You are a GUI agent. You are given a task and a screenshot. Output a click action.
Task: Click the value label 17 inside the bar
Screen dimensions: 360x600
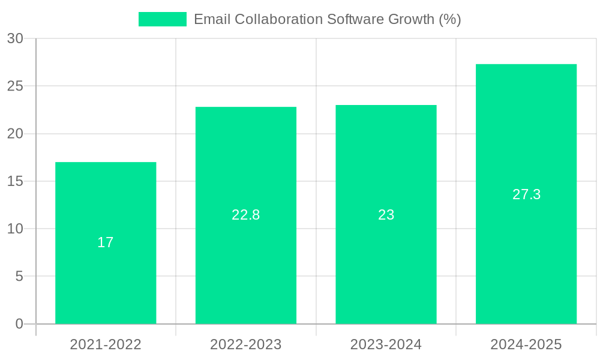click(106, 242)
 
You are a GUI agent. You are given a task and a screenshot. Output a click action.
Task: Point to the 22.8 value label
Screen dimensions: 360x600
click(246, 215)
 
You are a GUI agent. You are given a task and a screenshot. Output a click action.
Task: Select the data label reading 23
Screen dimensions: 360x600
click(386, 215)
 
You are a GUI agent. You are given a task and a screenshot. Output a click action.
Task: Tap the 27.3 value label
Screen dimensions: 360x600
click(526, 194)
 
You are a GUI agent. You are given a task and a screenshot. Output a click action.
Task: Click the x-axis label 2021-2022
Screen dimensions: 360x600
click(106, 344)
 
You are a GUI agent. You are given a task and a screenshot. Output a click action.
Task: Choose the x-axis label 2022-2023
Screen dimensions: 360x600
click(246, 344)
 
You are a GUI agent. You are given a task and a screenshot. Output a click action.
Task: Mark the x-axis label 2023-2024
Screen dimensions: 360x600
click(386, 344)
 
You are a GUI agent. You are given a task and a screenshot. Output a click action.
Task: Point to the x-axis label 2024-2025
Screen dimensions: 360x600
click(526, 344)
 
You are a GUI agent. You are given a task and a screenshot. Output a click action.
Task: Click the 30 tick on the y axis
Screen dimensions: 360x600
click(15, 38)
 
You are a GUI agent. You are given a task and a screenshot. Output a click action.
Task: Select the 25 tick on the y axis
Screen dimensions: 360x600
click(15, 86)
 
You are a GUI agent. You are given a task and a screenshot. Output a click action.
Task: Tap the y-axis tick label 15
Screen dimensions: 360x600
click(15, 181)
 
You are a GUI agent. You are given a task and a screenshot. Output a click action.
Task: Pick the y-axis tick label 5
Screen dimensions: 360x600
click(19, 277)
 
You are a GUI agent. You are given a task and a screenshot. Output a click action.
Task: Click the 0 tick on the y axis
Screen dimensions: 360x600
click(19, 324)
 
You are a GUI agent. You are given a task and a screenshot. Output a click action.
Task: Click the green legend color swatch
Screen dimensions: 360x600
click(163, 19)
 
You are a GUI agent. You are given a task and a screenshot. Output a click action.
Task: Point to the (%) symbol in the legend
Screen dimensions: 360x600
click(450, 19)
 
